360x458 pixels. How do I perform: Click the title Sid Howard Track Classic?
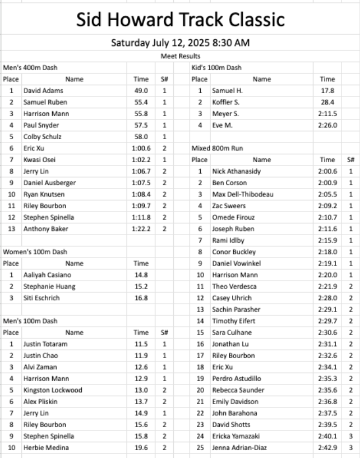click(180, 20)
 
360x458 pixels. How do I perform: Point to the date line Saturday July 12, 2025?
click(180, 43)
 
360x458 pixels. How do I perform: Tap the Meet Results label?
click(180, 56)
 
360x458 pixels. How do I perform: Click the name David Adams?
click(43, 90)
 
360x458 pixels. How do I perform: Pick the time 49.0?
click(141, 90)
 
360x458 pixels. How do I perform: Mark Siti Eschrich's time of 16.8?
click(141, 298)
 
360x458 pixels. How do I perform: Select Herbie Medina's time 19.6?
click(141, 448)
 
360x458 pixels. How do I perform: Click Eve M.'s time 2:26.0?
click(327, 125)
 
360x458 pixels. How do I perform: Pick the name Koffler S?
click(226, 102)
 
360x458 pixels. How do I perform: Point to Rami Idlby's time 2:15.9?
click(327, 241)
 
